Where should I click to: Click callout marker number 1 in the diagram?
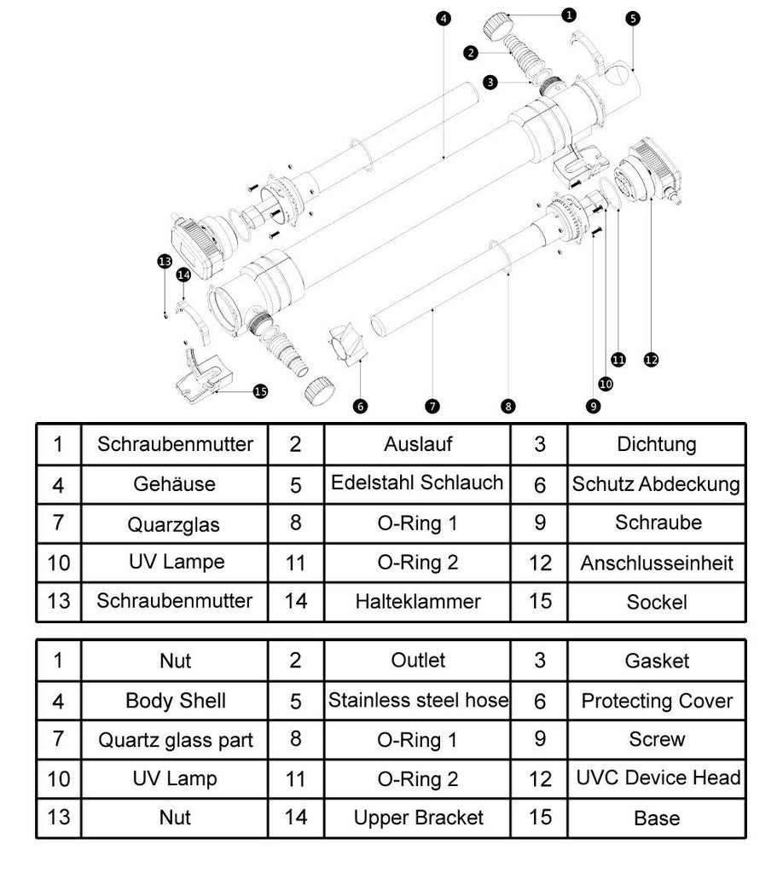(570, 14)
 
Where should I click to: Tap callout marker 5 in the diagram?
(632, 17)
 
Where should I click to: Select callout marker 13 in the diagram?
(165, 261)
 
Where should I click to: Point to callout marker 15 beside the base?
(260, 391)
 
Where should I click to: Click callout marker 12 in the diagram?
(651, 360)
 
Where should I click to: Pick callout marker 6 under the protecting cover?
(361, 406)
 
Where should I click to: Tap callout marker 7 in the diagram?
(432, 406)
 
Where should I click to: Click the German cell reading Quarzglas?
(175, 523)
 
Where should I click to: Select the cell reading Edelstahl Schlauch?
(417, 483)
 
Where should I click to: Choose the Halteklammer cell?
(417, 601)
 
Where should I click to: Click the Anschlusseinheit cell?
(657, 563)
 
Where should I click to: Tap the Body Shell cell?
(175, 701)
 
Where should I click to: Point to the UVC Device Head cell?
(658, 778)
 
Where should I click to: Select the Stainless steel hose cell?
(418, 701)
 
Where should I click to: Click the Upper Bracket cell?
(417, 818)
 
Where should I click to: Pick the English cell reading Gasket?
(657, 661)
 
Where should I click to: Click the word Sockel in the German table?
(657, 602)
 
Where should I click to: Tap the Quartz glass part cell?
(175, 740)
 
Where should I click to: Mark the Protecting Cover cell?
(657, 701)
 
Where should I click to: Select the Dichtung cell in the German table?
(657, 444)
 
